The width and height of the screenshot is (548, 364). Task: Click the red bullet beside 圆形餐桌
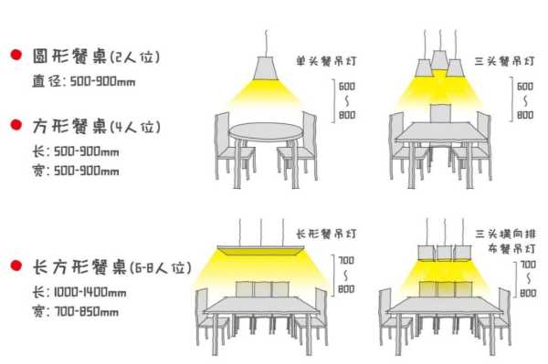(16, 56)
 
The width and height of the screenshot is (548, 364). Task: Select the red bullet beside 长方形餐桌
(16, 265)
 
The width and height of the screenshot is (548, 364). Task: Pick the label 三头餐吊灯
(499, 62)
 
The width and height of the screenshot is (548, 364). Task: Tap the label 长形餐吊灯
(326, 234)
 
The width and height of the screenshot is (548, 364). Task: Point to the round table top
(265, 131)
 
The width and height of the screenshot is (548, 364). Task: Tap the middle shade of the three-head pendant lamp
(440, 61)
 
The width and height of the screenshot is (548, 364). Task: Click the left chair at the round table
(227, 143)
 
